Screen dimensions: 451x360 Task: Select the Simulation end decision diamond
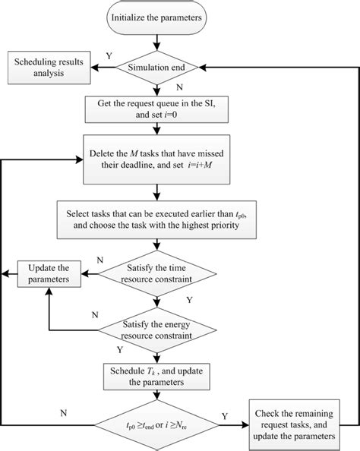pyautogui.click(x=156, y=68)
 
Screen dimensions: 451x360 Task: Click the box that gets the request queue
pyautogui.click(x=156, y=108)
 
